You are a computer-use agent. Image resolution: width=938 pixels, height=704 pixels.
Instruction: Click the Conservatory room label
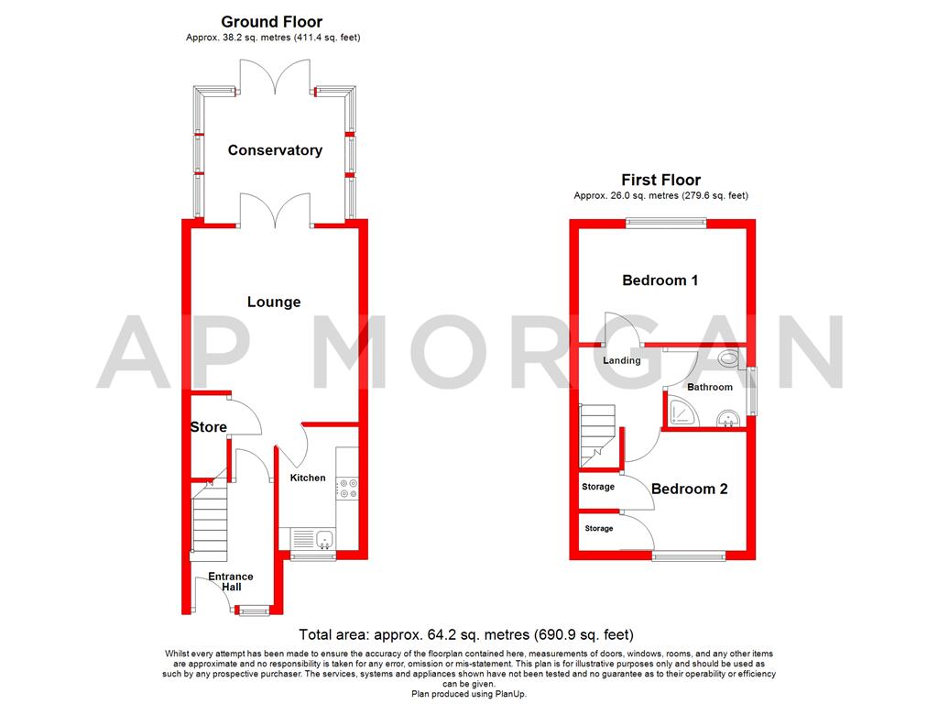pyautogui.click(x=275, y=150)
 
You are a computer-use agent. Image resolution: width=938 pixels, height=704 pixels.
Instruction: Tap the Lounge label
pyautogui.click(x=274, y=302)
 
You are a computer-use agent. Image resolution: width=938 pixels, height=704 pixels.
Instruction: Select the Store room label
pyautogui.click(x=208, y=427)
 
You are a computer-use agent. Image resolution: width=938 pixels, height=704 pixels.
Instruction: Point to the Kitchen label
pyautogui.click(x=308, y=478)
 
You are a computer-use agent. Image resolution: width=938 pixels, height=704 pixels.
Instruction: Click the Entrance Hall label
pyautogui.click(x=230, y=581)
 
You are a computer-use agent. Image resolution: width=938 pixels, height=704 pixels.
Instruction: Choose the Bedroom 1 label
pyautogui.click(x=660, y=280)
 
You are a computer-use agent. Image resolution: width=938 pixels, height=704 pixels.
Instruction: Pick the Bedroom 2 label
pyautogui.click(x=689, y=489)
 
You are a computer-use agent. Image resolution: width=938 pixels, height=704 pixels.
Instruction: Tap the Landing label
pyautogui.click(x=621, y=360)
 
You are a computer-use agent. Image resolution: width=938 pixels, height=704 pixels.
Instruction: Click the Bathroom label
pyautogui.click(x=710, y=387)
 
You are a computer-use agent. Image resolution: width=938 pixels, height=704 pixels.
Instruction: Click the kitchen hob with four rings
pyautogui.click(x=347, y=489)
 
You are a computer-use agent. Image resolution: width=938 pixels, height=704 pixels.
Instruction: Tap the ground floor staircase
pyautogui.click(x=208, y=522)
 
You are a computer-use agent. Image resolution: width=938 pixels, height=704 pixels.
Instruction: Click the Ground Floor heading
pyautogui.click(x=272, y=22)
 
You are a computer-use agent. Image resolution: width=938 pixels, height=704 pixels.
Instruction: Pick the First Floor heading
pyautogui.click(x=660, y=180)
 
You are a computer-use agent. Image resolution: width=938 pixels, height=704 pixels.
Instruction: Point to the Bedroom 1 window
pyautogui.click(x=666, y=221)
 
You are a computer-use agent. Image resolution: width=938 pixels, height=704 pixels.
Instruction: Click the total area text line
pyautogui.click(x=467, y=634)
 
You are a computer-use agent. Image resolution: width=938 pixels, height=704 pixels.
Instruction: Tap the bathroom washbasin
pyautogui.click(x=729, y=421)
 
